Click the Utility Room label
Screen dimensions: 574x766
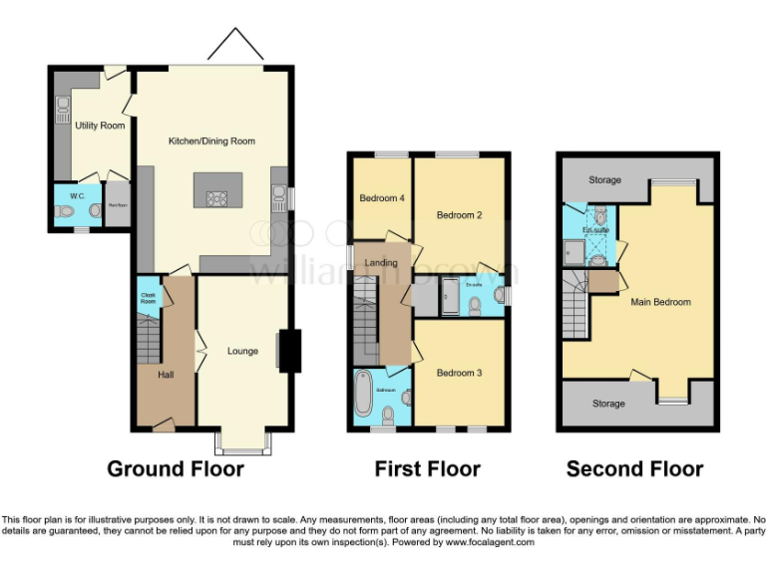coord(100,126)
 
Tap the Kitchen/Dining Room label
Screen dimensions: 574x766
coord(211,142)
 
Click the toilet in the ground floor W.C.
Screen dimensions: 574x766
coord(66,210)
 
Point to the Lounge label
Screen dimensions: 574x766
coord(242,351)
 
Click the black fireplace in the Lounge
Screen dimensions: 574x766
coord(290,351)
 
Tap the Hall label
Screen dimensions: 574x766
coord(166,375)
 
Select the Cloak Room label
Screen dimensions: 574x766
coord(148,296)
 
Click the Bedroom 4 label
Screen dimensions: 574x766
coord(382,198)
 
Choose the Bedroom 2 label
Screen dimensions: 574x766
coord(459,215)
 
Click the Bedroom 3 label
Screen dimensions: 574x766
coord(459,373)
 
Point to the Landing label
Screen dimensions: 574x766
coord(381,263)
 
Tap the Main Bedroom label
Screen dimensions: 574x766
coord(659,302)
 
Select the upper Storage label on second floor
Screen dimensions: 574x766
coord(604,180)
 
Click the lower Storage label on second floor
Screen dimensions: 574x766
coord(608,404)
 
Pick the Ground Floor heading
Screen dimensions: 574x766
coord(176,468)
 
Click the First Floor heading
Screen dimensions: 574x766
coord(427,468)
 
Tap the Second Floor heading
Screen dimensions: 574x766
coord(634,468)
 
